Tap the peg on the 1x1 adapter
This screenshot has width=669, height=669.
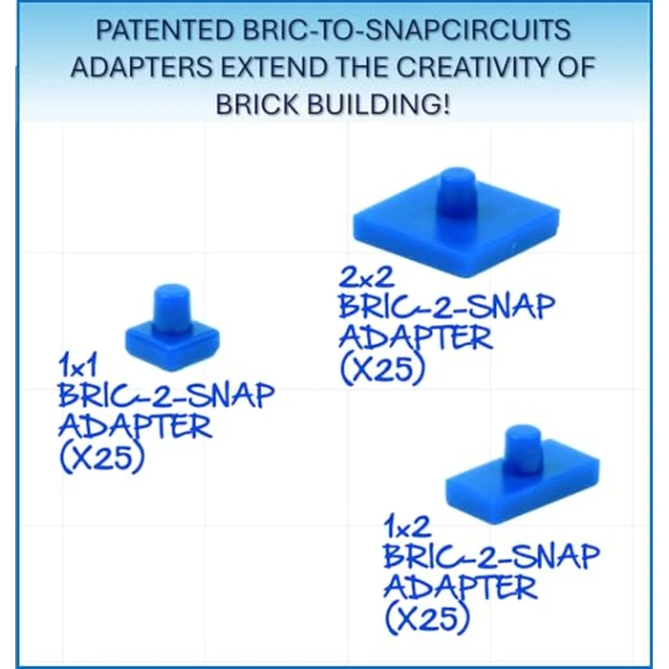[171, 304]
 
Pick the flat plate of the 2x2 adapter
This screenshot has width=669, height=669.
[401, 234]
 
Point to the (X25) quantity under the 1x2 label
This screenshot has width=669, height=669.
[426, 618]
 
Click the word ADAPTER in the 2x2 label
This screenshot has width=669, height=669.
[415, 338]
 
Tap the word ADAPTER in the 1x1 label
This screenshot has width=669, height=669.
[135, 425]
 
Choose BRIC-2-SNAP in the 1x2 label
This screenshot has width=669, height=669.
[491, 556]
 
